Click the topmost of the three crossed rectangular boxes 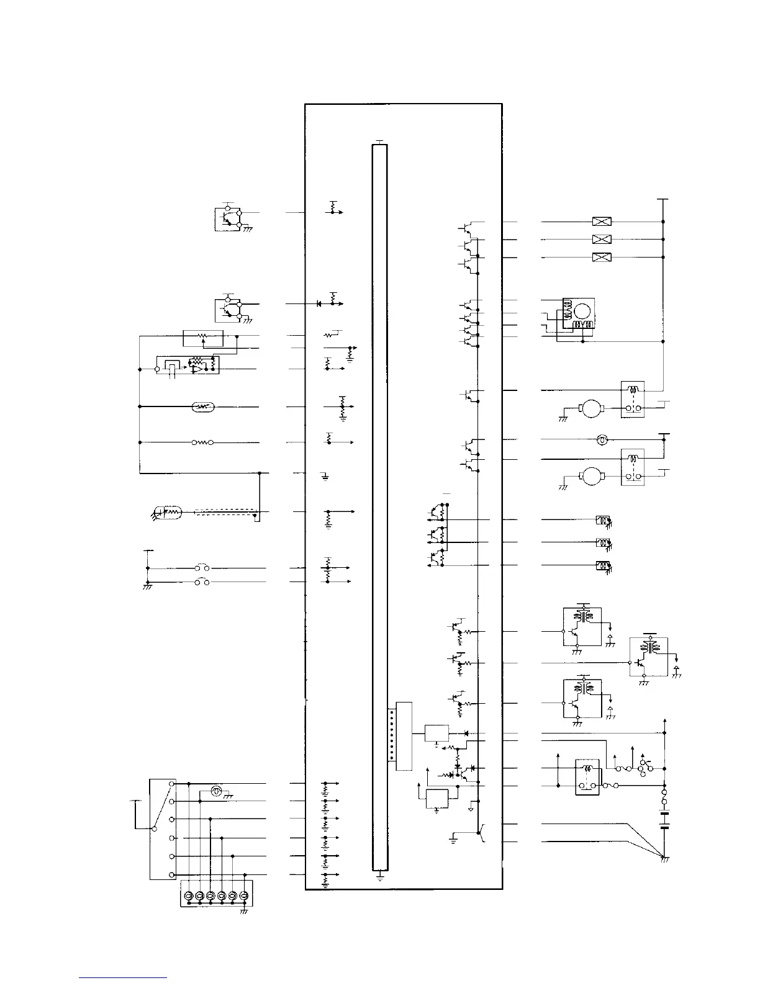tap(602, 222)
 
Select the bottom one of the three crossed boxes tap(602, 257)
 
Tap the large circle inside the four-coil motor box tap(583, 310)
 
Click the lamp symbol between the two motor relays tap(601, 439)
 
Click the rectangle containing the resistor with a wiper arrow tap(203, 339)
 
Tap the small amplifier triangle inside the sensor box tap(197, 369)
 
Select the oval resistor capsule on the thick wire tap(204, 407)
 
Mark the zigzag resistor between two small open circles tap(202, 442)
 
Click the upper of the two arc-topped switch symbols tap(202, 567)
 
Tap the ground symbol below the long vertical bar tap(379, 878)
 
